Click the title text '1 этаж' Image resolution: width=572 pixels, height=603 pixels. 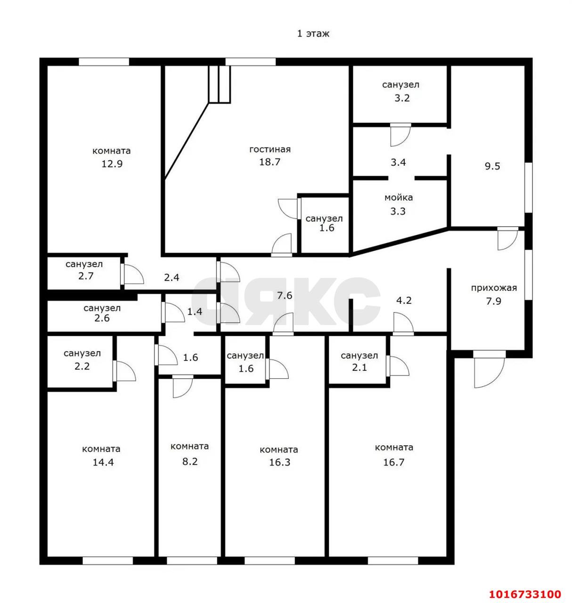pos(313,34)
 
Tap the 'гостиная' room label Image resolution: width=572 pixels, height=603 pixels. pos(270,149)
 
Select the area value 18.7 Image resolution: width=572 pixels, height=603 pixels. pos(270,163)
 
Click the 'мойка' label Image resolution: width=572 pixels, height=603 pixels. pos(398,198)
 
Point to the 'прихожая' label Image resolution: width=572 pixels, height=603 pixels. pos(493,288)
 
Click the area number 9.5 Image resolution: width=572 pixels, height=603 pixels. pos(492,166)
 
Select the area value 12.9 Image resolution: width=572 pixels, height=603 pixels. pos(112,164)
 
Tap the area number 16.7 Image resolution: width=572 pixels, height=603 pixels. pos(393,462)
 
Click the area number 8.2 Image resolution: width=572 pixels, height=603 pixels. pos(189,462)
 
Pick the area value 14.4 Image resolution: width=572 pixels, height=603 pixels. pos(103,462)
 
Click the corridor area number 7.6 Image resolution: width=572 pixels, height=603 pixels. pos(285,295)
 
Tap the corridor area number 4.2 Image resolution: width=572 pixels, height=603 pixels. pos(404,300)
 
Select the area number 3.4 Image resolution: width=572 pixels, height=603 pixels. pos(398,163)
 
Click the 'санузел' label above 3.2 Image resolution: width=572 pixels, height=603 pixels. pos(400,85)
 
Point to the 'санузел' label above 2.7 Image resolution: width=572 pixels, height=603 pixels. pos(84,264)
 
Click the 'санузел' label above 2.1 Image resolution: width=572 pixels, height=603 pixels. pos(359,356)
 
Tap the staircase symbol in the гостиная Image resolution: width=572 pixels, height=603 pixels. pos(220,84)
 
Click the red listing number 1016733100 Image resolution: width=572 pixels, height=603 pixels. pos(524,594)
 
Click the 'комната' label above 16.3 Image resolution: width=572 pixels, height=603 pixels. pos(278,449)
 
